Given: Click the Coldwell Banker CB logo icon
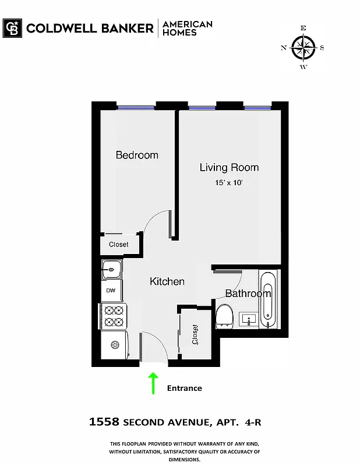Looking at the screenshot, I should pos(12,28).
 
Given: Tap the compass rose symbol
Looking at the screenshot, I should pos(303,47).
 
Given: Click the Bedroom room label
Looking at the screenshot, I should pos(137,155).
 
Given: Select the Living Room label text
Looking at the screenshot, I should pos(229,167).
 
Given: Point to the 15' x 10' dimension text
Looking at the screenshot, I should pos(229,183).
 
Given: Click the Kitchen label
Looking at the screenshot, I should pos(167,281).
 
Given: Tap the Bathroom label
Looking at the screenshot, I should pos(248,293).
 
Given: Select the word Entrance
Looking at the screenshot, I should pos(185,388).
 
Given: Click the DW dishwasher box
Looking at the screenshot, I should pos(111,291).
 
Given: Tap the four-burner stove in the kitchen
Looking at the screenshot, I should pos(113,316).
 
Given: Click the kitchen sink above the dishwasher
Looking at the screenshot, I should pos(111,269).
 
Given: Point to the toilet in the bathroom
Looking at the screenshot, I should pos(224,316).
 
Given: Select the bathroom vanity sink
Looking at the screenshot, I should pos(249,320).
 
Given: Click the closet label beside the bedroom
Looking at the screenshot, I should pos(119,245).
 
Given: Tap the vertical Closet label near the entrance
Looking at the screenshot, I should pos(195,336).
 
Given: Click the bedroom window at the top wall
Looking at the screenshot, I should pos(136,107).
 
